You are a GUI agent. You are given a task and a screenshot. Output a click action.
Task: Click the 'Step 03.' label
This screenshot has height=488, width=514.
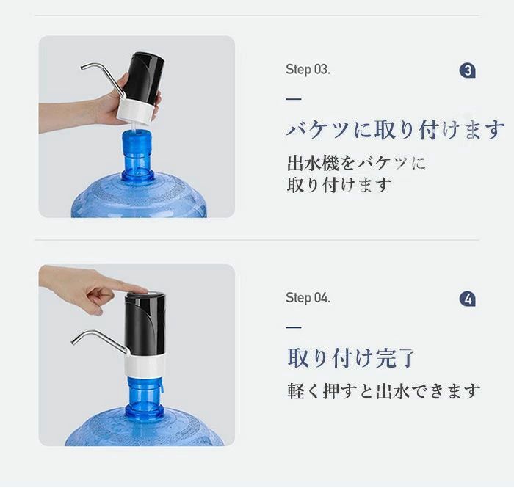[308, 70]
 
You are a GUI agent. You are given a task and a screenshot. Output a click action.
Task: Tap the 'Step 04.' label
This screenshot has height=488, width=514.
[308, 298]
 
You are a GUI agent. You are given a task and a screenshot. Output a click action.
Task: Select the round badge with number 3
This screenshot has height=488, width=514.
[468, 70]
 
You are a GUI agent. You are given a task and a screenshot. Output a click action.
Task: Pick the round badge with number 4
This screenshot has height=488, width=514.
[468, 299]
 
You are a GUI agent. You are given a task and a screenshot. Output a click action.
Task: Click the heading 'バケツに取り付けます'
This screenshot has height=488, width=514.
[396, 130]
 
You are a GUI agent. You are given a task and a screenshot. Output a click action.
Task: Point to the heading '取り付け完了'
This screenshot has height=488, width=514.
[351, 357]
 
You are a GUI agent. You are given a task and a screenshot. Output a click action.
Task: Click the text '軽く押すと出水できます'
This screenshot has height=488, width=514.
[383, 390]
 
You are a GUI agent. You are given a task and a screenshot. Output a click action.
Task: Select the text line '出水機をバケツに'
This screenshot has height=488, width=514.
[356, 163]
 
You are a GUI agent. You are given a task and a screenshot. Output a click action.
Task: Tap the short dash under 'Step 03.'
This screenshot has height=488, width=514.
[294, 98]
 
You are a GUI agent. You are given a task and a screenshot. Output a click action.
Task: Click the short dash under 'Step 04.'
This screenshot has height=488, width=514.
[294, 327]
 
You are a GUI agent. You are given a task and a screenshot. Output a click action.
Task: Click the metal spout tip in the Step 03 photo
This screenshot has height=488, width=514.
[82, 68]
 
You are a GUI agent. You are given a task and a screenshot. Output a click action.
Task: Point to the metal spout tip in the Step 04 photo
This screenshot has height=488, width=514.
[73, 342]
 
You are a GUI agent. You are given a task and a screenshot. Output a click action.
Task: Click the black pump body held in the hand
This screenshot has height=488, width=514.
[144, 79]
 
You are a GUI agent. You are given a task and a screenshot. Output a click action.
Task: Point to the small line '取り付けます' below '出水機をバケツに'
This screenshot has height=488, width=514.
[339, 185]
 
